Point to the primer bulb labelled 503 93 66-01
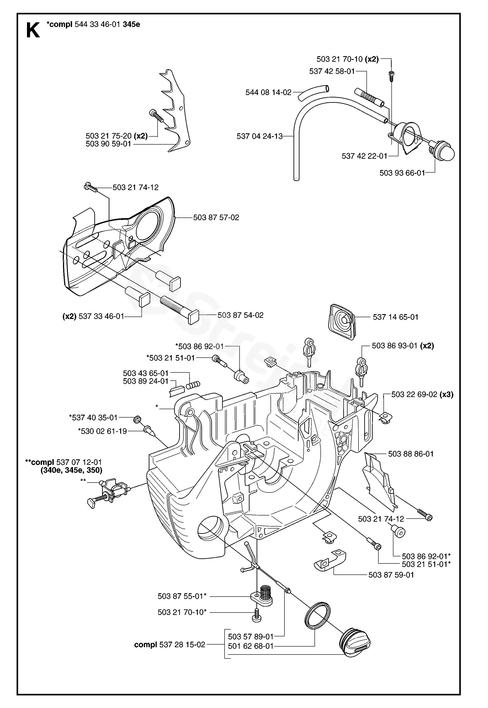(x=443, y=151)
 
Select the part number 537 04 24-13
(x=259, y=136)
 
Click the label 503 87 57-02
(x=216, y=218)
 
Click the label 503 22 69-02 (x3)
(x=422, y=395)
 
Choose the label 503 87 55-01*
(x=182, y=596)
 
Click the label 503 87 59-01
(x=391, y=575)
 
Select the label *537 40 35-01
(x=93, y=418)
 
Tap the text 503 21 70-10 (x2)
(x=347, y=59)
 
